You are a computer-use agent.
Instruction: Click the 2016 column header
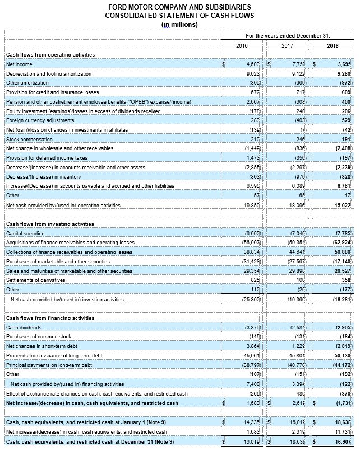click(x=242, y=45)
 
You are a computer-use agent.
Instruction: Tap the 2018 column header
click(x=333, y=45)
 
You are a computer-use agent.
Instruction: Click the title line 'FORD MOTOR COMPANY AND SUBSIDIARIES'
click(x=179, y=6)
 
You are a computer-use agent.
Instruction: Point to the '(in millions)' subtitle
click(x=179, y=24)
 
